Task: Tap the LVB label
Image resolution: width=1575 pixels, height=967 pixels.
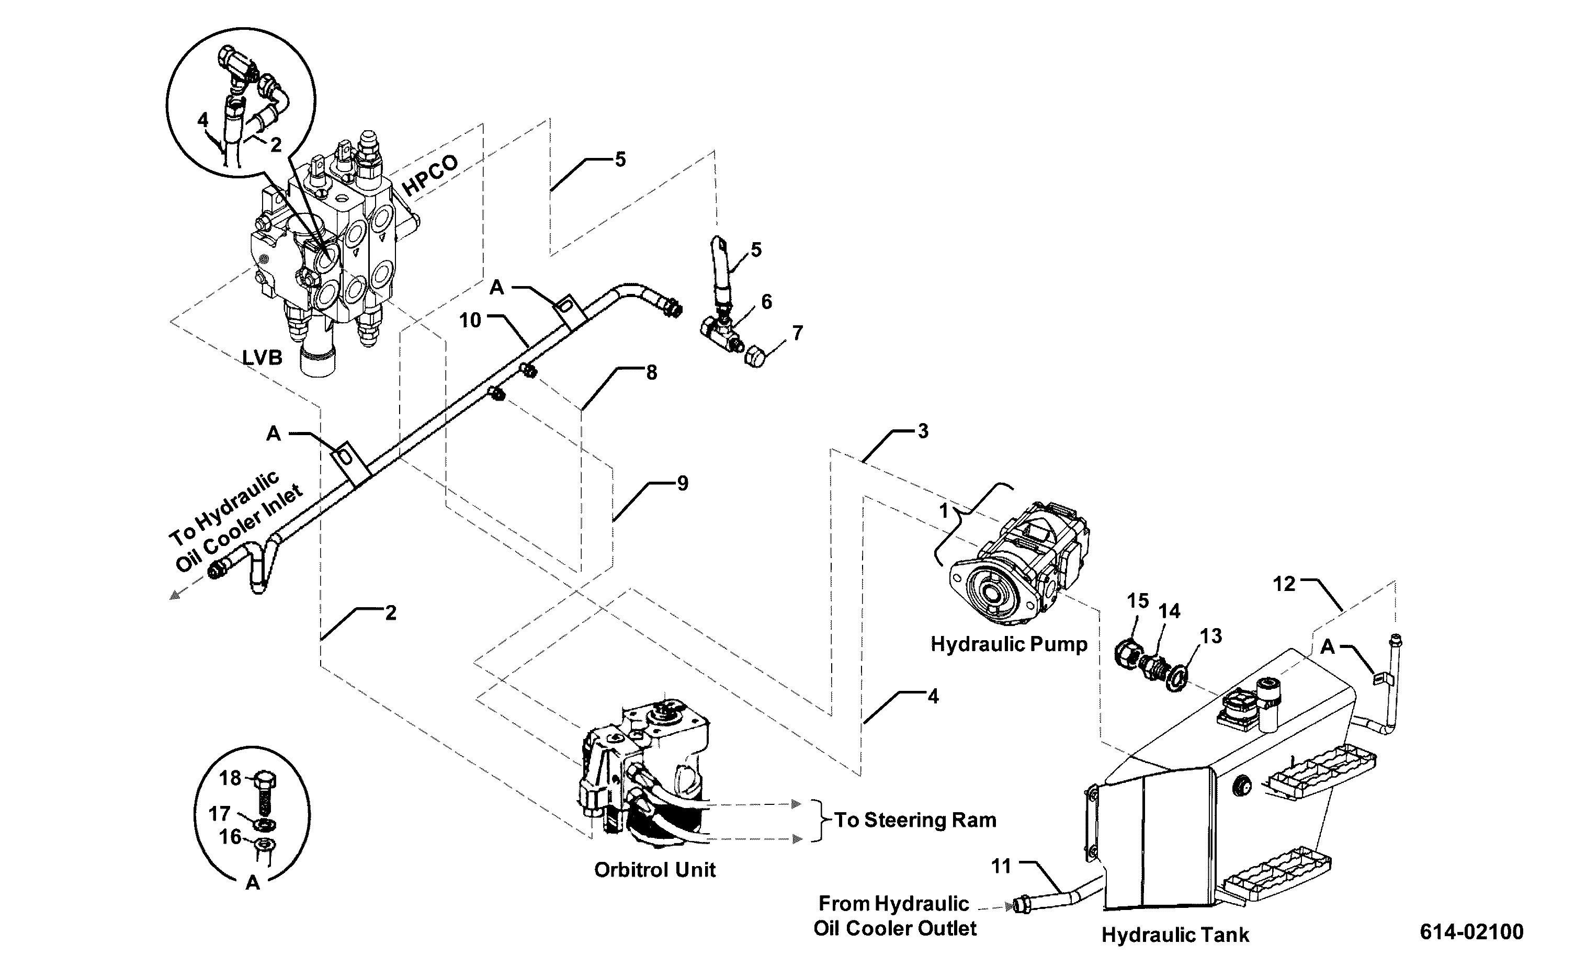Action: pyautogui.click(x=262, y=358)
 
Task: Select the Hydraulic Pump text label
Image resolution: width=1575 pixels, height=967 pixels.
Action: pyautogui.click(x=1009, y=644)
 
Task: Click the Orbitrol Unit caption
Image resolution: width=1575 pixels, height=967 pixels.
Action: pyautogui.click(x=655, y=870)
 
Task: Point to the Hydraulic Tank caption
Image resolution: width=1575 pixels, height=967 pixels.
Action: pyautogui.click(x=1175, y=935)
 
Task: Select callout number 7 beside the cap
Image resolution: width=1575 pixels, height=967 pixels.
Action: pyautogui.click(x=797, y=333)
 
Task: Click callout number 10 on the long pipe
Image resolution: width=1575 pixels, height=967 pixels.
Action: pyautogui.click(x=470, y=320)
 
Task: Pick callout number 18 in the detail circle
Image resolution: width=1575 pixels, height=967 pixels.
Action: pyautogui.click(x=230, y=778)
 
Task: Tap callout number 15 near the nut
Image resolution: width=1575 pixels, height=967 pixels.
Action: pyautogui.click(x=1138, y=601)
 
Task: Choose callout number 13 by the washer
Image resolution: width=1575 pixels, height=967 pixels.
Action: pyautogui.click(x=1211, y=636)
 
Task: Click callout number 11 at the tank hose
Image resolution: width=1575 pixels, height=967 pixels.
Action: pyautogui.click(x=1001, y=866)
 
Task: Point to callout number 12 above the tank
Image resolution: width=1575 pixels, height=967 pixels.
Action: pyautogui.click(x=1285, y=584)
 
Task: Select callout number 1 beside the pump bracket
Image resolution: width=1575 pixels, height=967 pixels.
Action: pyautogui.click(x=943, y=511)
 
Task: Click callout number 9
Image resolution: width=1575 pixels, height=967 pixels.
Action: pyautogui.click(x=683, y=483)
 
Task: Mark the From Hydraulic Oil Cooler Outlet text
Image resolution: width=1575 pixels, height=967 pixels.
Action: pyautogui.click(x=894, y=916)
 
